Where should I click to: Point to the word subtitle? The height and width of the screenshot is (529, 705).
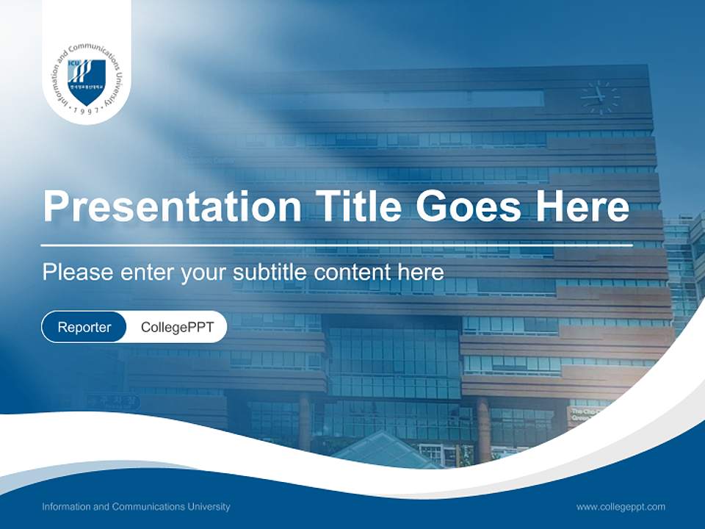(271, 273)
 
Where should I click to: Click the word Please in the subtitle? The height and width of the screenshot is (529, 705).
(75, 273)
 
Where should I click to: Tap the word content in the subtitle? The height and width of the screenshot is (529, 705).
(352, 273)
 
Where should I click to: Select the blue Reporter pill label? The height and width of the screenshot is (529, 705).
(84, 327)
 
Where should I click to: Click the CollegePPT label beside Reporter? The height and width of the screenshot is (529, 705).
(177, 327)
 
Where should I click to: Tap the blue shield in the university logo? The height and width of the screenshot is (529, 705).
(87, 81)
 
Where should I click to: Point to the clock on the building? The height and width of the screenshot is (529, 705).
(599, 96)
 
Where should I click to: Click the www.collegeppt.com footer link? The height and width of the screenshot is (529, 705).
(621, 506)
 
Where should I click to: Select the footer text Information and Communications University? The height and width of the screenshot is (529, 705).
(136, 506)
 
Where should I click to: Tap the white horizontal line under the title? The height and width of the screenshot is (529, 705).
(336, 245)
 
